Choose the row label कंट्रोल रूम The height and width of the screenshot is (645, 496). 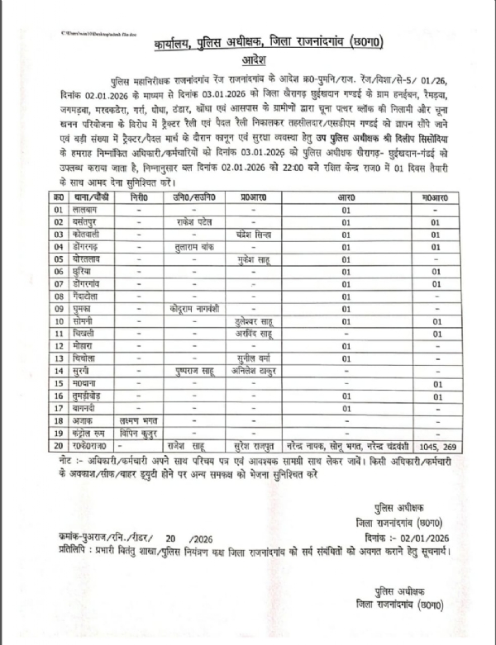88,431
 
